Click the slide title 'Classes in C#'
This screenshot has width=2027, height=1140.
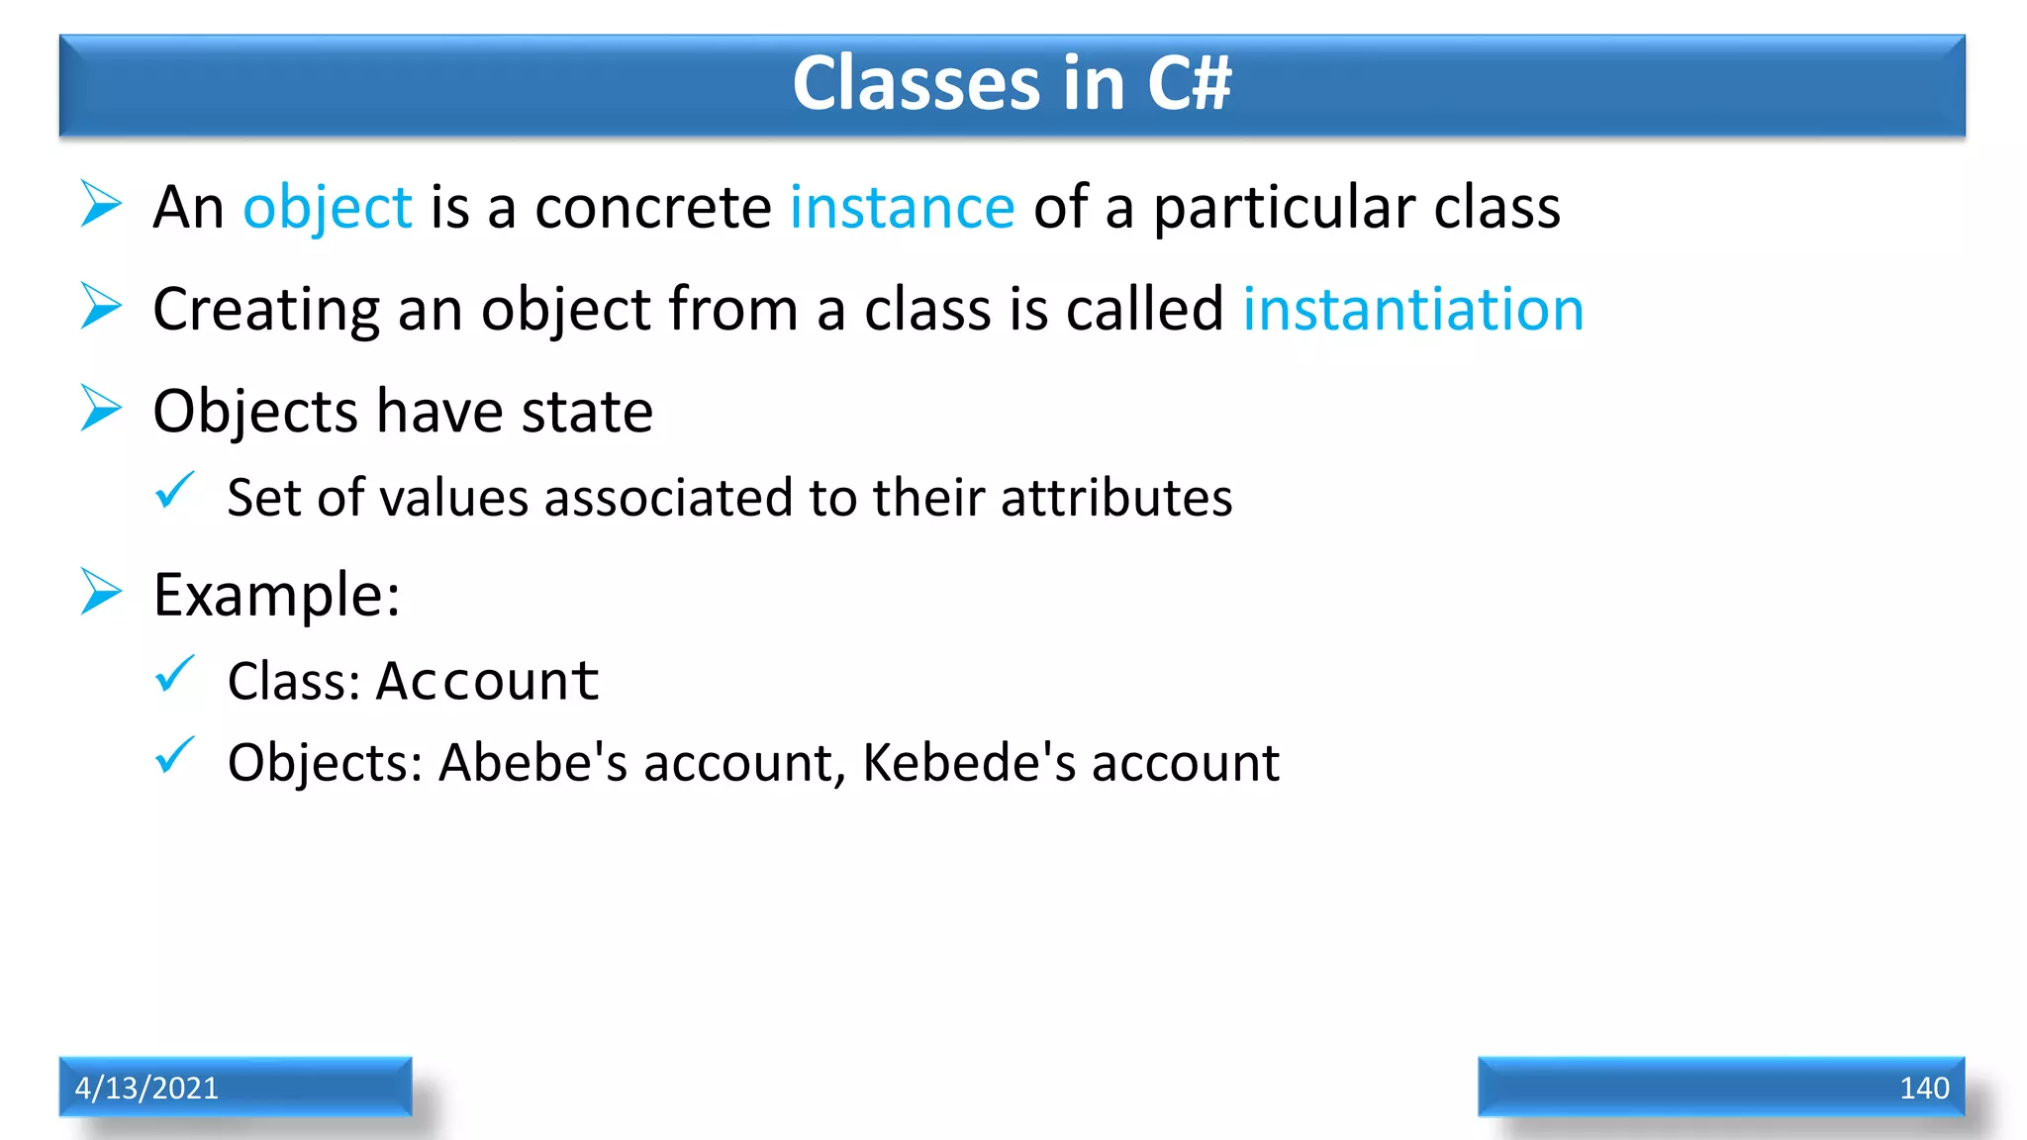pos(1012,83)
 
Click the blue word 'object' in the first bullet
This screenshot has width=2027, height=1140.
pos(327,208)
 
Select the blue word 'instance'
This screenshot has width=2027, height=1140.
pos(902,208)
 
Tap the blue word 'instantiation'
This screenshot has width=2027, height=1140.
pos(1412,309)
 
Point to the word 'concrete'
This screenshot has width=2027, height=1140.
pos(652,208)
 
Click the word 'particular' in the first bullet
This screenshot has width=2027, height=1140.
pos(1284,210)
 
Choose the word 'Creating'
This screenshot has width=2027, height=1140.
pos(265,311)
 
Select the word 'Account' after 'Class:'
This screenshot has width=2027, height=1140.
pos(487,681)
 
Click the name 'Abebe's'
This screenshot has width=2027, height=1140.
pos(532,763)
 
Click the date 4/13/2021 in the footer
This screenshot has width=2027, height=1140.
pos(146,1088)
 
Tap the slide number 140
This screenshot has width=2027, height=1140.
pos(1923,1088)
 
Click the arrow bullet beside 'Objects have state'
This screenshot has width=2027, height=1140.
pos(101,409)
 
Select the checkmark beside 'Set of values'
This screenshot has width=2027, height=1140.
pos(175,490)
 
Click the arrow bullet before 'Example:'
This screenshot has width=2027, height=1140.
pos(101,592)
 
